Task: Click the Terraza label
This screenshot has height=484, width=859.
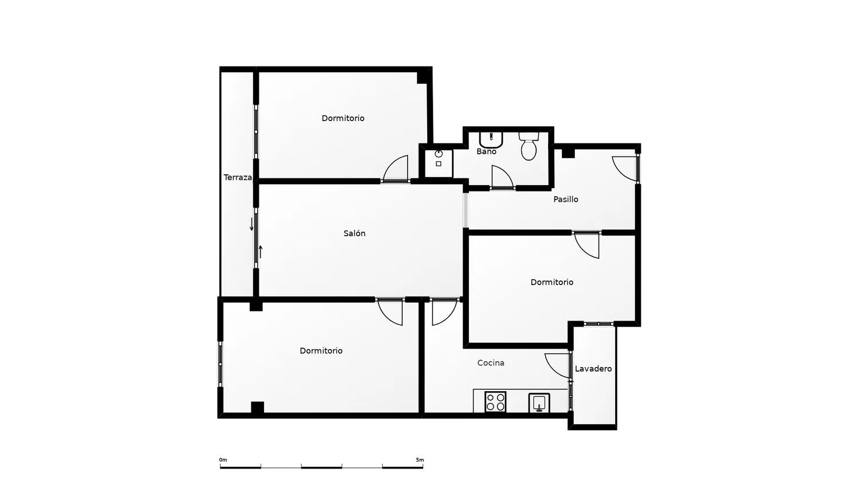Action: pyautogui.click(x=238, y=177)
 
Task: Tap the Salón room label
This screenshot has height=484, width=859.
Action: pyautogui.click(x=354, y=233)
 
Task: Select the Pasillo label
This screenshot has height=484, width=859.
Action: pyautogui.click(x=566, y=200)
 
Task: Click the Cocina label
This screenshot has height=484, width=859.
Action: pyautogui.click(x=491, y=362)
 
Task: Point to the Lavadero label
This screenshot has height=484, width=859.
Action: pyautogui.click(x=593, y=369)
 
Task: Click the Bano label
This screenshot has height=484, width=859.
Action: pyautogui.click(x=486, y=151)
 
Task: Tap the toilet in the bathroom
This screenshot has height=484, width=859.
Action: pyautogui.click(x=529, y=146)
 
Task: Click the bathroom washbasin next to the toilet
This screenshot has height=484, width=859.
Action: pyautogui.click(x=491, y=140)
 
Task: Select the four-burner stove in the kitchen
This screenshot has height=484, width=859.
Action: pyautogui.click(x=495, y=402)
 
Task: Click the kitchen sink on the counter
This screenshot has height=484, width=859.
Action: pyautogui.click(x=539, y=403)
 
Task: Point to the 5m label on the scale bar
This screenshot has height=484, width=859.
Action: pyautogui.click(x=420, y=460)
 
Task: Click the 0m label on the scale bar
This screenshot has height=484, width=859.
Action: pyautogui.click(x=223, y=460)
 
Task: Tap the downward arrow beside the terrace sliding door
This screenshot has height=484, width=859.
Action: pyautogui.click(x=251, y=224)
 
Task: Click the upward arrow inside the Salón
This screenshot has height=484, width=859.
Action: pyautogui.click(x=261, y=252)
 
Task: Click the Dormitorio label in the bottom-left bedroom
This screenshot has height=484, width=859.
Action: pyautogui.click(x=321, y=351)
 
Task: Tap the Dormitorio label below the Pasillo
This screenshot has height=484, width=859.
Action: pyautogui.click(x=552, y=282)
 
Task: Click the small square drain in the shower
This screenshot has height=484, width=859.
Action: pyautogui.click(x=439, y=163)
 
